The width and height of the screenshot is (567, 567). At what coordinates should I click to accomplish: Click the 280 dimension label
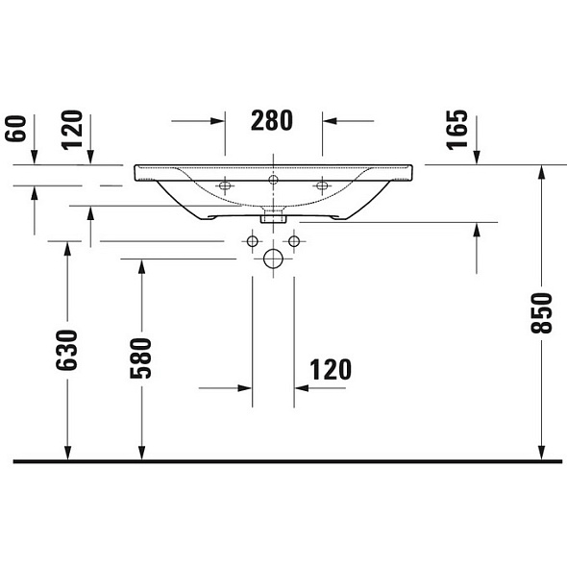pos(272,120)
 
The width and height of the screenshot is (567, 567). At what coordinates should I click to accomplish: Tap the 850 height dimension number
pos(541,313)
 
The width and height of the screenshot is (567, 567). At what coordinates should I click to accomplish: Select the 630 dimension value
pos(67,350)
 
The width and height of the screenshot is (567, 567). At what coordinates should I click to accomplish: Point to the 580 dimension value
pos(140,358)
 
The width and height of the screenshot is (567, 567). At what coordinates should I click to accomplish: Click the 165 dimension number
pos(457,130)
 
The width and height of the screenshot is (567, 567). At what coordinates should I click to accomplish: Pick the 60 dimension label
pos(15,129)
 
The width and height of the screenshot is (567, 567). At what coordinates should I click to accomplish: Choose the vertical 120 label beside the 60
pos(72,130)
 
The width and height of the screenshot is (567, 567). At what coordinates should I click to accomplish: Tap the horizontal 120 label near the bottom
pos(331,370)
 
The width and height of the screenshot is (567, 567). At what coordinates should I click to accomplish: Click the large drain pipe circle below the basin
pos(273,259)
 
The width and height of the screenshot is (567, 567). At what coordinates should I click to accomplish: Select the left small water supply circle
pos(253,241)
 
